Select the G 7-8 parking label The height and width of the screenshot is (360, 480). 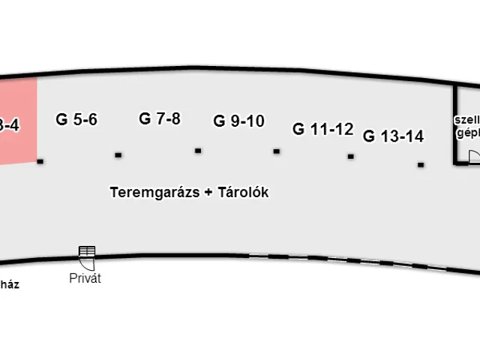(x=160, y=118)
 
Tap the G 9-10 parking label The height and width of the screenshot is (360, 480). (x=238, y=121)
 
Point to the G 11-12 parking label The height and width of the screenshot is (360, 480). (x=322, y=129)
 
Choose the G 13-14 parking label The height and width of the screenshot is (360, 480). (x=393, y=136)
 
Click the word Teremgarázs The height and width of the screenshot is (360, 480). (x=154, y=192)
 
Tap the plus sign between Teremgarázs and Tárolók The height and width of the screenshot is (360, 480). (x=208, y=193)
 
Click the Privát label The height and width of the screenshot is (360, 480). (x=85, y=279)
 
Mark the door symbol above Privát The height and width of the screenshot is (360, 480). (x=87, y=255)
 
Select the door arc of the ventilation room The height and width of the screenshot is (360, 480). (x=474, y=156)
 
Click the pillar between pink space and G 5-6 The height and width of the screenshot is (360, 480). (x=40, y=160)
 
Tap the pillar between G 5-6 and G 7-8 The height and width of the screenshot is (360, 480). (x=118, y=155)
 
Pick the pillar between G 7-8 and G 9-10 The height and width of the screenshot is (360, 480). (x=198, y=151)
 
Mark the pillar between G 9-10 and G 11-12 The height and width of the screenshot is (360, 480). (x=277, y=151)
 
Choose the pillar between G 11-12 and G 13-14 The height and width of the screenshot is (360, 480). (x=350, y=157)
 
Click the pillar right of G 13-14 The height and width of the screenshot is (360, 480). (x=421, y=164)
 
